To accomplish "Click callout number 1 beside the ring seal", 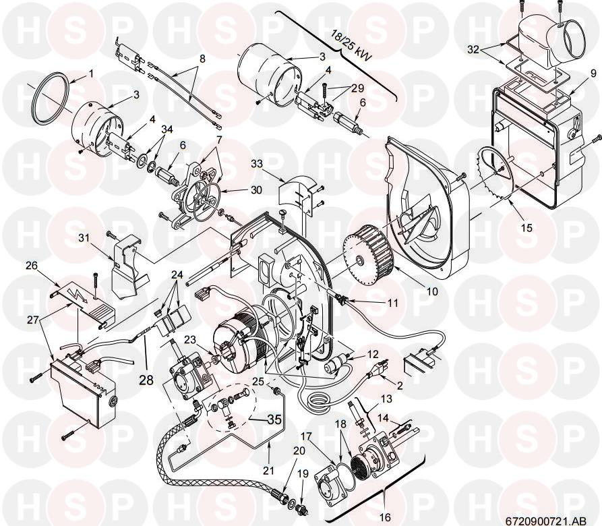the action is [x=91, y=74].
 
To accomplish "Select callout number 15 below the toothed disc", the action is [x=527, y=228].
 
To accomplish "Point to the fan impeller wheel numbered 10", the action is [x=369, y=254].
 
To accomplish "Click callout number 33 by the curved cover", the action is [x=257, y=164].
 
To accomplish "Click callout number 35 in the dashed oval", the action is [x=274, y=419].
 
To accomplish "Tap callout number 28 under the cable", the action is [x=147, y=380].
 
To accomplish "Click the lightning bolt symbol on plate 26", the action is [x=76, y=295].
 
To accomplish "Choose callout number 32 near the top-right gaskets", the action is [x=474, y=49].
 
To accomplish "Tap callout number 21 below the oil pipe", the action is [x=269, y=470].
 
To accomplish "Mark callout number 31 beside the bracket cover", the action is [x=84, y=238].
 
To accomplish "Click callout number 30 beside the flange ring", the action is [x=256, y=190].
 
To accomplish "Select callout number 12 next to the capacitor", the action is [x=372, y=354].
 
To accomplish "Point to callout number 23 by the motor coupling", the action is [x=189, y=339].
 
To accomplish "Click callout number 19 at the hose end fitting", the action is [x=303, y=474].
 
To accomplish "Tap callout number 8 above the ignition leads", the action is [x=202, y=59].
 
